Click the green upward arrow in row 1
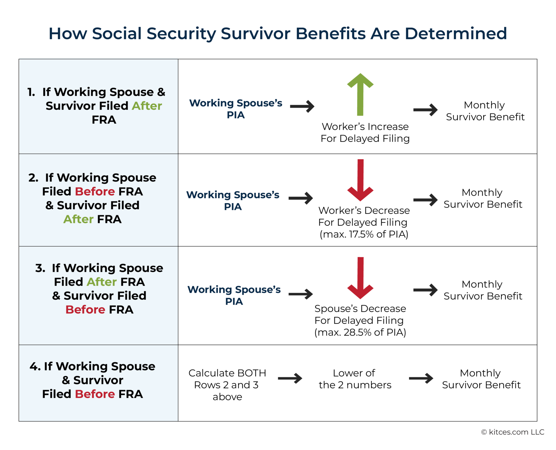pos(360,95)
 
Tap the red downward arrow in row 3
pos(360,278)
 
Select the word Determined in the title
pos(456,34)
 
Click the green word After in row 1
pos(147,106)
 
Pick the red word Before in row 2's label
pos(95,192)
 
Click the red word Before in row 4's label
pos(95,394)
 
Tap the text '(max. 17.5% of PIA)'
pos(364,234)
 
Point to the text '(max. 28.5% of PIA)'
pos(360,332)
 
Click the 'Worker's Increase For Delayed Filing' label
pos(365,133)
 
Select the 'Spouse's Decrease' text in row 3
pos(360,309)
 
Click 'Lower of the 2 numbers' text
pos(355,379)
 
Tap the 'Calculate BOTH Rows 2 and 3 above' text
pos(227,385)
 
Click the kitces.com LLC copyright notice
pos(513,432)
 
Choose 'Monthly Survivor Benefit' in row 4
pos(481,379)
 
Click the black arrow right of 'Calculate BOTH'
pos(290,378)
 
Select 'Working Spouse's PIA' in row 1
pos(235,109)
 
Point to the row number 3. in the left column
pos(40,268)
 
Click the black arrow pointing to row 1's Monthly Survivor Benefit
pos(425,110)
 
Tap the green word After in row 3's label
pos(101,282)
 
